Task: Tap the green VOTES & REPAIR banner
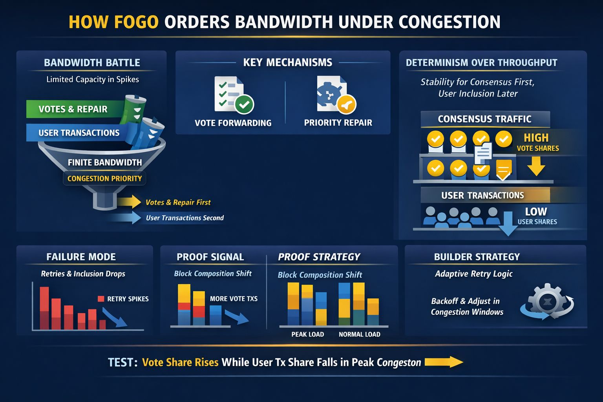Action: point(73,109)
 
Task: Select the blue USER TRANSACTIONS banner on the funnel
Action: point(79,133)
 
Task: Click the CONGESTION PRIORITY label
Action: point(104,179)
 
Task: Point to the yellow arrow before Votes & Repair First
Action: point(130,202)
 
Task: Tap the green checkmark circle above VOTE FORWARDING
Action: point(244,104)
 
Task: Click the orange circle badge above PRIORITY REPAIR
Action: point(346,104)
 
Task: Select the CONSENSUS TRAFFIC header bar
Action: point(484,119)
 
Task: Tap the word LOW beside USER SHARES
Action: point(536,212)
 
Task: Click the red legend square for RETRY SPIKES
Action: point(101,299)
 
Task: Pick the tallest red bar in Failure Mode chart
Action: point(44,308)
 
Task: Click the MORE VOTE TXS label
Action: point(234,299)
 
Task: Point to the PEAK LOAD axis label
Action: point(307,334)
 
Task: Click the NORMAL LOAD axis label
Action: point(359,334)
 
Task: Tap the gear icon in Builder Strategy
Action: point(548,301)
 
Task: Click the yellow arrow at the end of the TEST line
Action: point(444,362)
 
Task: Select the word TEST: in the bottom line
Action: point(122,362)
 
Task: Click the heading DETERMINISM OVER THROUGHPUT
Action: point(481,63)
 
